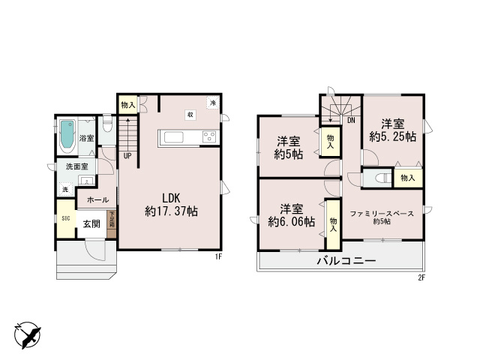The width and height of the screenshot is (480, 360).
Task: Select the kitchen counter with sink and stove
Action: [x=187, y=137]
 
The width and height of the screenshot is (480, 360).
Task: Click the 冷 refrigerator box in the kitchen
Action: [x=213, y=102]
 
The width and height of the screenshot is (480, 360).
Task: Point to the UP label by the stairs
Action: [x=128, y=157]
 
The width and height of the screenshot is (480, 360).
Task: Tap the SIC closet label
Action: [x=65, y=218]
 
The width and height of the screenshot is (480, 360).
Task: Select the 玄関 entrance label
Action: [x=91, y=223]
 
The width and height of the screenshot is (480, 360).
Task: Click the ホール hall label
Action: [x=97, y=200]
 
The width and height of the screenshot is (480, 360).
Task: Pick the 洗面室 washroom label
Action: [x=76, y=166]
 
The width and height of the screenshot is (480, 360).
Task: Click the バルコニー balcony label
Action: [x=345, y=261]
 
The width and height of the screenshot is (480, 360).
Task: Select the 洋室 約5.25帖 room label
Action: [x=392, y=130]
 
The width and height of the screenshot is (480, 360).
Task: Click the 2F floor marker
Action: [x=421, y=278]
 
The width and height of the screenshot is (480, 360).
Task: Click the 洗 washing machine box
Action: [x=65, y=189]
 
